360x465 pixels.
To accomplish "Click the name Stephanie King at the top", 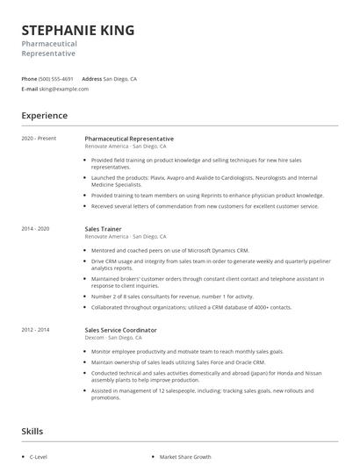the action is tap(78, 31).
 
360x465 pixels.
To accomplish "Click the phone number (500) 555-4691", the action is tap(56, 79).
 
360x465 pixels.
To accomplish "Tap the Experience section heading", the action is tap(44, 116).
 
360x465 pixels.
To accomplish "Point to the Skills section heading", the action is tap(32, 432).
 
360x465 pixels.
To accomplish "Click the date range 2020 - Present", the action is tap(38, 139).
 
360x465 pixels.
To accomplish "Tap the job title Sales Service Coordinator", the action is tap(121, 330).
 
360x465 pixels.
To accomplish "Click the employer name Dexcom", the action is tap(95, 338).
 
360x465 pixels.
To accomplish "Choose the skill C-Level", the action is tap(39, 457).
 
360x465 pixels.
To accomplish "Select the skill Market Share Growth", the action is tap(185, 457).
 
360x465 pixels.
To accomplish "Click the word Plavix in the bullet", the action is tap(157, 176).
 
